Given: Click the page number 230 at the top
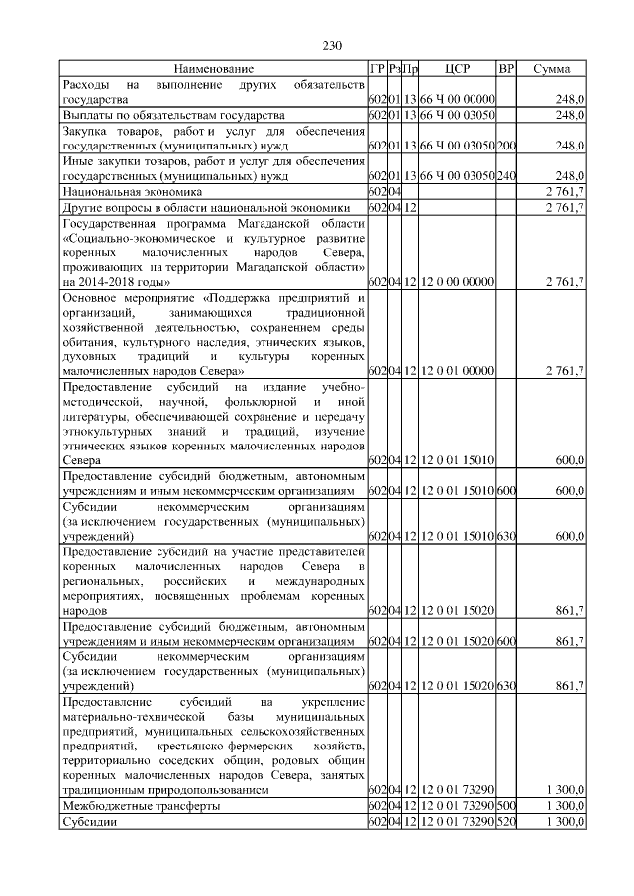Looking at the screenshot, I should [x=331, y=46].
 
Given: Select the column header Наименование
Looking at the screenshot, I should [x=214, y=69].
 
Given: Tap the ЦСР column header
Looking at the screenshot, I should [x=458, y=69].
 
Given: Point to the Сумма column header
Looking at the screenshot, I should [x=551, y=69].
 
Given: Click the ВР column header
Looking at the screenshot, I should [x=506, y=69].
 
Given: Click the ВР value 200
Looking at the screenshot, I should [x=506, y=146].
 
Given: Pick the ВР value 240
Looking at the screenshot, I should [x=506, y=176].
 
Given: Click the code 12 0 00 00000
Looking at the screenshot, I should [x=458, y=282].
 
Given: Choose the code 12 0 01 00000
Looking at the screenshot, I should [x=458, y=370].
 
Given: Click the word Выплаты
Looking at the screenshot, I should [x=89, y=116].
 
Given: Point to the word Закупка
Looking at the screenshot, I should [x=89, y=131].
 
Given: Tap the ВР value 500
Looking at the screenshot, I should [x=506, y=806].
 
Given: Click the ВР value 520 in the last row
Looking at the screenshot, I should [x=506, y=822].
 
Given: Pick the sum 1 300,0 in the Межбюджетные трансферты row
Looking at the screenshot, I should [x=565, y=806].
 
